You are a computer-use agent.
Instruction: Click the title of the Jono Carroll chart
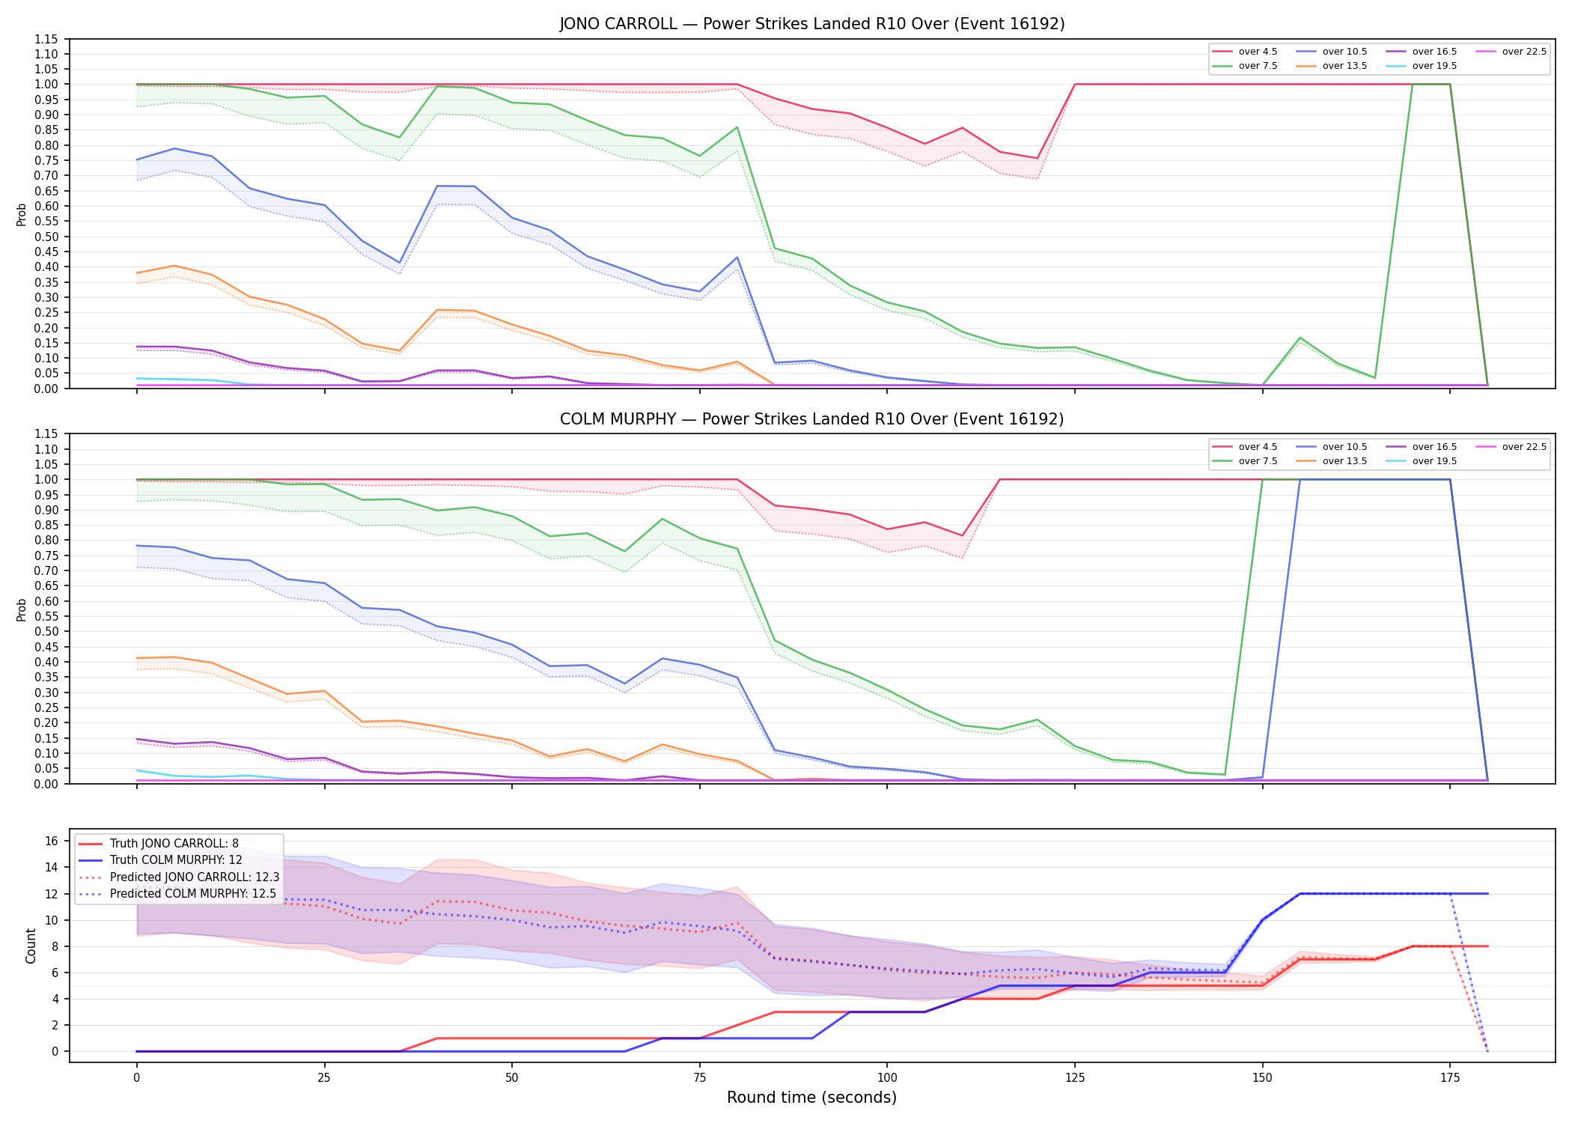[x=812, y=24]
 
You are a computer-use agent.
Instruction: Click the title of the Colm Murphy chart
[x=812, y=419]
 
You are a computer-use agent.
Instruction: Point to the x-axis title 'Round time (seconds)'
[x=811, y=1098]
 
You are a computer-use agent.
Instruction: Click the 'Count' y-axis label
[x=31, y=946]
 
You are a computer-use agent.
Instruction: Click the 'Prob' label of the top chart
[x=22, y=214]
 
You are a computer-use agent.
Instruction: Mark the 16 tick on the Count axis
[x=52, y=841]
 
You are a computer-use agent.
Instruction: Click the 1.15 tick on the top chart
[x=46, y=39]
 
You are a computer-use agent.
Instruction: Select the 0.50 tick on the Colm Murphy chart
[x=46, y=631]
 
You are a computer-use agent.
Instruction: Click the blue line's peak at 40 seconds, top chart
[x=436, y=186]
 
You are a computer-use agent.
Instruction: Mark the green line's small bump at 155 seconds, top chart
[x=1300, y=338]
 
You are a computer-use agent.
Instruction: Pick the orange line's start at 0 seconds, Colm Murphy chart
[x=137, y=658]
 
